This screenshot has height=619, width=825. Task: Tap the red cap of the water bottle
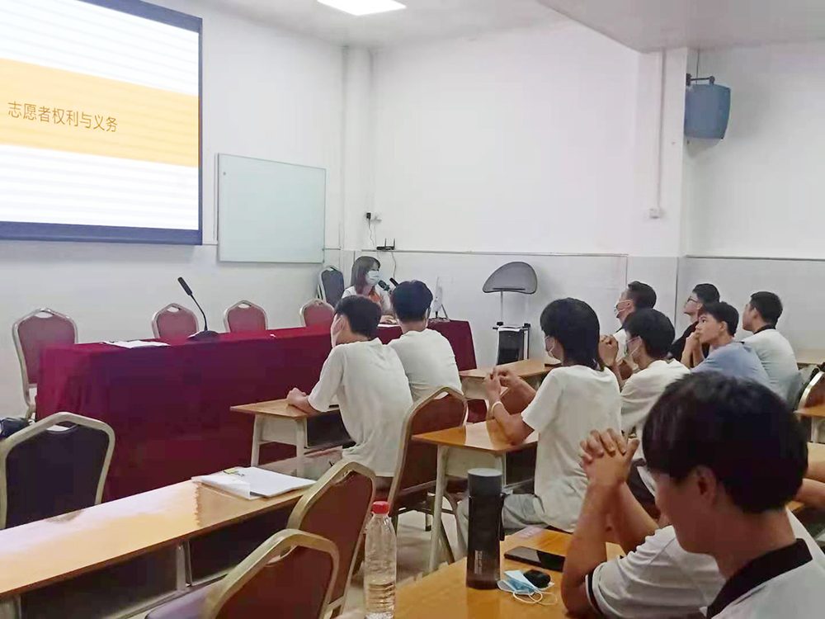[380, 508]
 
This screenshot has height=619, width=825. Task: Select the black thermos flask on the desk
[484, 528]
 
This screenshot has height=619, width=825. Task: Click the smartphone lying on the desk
[534, 557]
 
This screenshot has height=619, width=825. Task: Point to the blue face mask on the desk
[520, 583]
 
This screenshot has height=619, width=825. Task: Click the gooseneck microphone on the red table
[197, 308]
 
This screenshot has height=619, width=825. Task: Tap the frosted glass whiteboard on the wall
[271, 209]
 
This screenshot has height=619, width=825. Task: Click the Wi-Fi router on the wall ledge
[386, 246]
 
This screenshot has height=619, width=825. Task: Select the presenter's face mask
[372, 277]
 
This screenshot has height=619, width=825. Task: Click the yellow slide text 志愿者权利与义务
[63, 116]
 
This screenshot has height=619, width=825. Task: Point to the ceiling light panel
[361, 4]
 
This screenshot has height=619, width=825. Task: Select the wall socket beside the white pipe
[654, 213]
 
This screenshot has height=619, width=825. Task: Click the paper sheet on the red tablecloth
[136, 343]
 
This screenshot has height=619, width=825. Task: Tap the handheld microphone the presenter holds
[385, 286]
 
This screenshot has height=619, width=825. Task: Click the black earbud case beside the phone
[537, 579]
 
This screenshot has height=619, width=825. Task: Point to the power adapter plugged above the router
[369, 215]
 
